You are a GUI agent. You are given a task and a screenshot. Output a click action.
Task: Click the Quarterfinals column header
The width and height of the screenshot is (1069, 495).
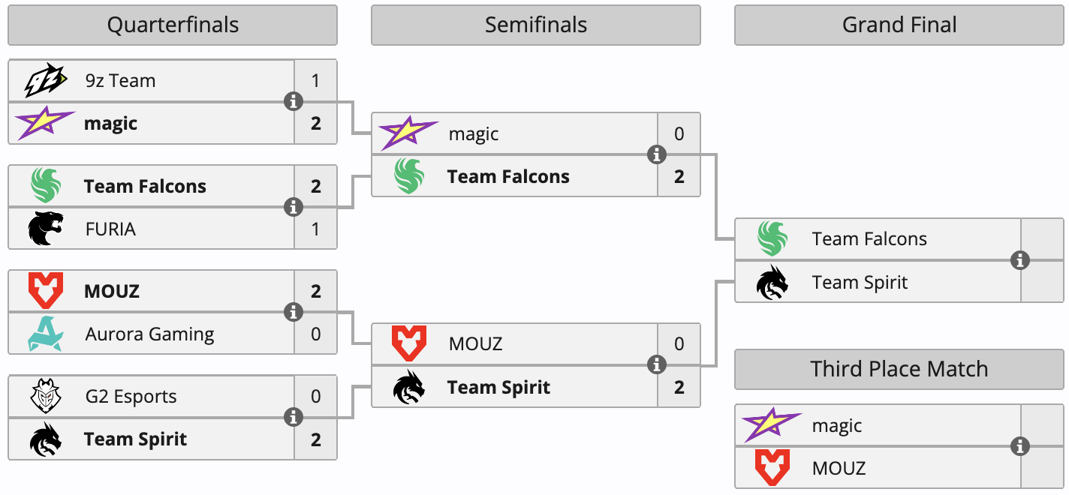[173, 25]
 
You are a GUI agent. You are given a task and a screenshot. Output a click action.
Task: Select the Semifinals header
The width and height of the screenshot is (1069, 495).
[536, 25]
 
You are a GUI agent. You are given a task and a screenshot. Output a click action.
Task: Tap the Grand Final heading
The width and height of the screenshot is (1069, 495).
[899, 25]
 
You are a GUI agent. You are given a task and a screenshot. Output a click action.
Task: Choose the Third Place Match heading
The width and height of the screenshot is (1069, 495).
[899, 369]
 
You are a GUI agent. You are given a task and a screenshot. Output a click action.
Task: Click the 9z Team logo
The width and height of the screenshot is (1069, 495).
[45, 80]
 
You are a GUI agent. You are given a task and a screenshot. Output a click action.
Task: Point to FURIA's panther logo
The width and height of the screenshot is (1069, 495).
[46, 229]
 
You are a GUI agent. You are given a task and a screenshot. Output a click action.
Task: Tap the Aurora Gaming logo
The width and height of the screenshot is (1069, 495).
[46, 334]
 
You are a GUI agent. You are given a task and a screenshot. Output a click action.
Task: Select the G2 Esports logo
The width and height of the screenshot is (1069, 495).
[46, 396]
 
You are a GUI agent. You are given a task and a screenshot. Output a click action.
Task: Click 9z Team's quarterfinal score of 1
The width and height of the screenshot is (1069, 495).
[315, 80]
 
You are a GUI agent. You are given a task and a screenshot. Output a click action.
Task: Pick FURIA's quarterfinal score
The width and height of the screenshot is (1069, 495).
[315, 229]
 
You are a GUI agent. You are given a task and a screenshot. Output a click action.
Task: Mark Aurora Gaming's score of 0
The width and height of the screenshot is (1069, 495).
[315, 334]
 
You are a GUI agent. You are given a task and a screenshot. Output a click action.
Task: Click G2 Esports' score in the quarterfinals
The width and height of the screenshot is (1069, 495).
[315, 396]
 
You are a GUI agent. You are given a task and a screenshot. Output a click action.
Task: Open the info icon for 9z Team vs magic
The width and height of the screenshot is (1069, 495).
[294, 101]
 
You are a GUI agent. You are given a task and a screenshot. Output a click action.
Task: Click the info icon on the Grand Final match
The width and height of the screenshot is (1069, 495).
[1020, 260]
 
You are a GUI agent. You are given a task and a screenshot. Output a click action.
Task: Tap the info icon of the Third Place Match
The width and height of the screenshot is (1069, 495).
[1020, 446]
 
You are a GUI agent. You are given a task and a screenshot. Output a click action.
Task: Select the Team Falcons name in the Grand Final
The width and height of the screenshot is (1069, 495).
[869, 239]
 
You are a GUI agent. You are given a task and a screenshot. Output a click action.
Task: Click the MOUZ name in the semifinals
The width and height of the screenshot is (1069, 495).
[475, 343]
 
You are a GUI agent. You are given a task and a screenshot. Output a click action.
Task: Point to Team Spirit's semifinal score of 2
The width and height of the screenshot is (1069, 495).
[679, 387]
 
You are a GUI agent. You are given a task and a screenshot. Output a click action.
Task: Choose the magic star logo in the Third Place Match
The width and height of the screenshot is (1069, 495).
[772, 424]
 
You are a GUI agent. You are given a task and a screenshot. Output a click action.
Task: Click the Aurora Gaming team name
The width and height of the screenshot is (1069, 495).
[150, 334]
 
